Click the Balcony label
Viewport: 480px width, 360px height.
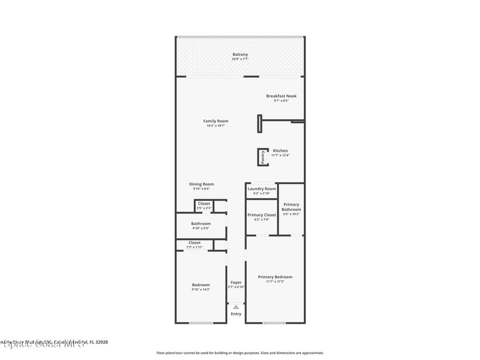[240, 54]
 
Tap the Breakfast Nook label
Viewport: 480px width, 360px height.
[281, 96]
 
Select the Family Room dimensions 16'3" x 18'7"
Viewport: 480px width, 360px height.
[216, 126]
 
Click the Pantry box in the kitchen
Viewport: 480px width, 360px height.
[263, 157]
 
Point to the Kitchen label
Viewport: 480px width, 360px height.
[280, 150]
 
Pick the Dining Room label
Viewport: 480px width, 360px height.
[201, 184]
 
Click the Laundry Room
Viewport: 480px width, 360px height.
[262, 190]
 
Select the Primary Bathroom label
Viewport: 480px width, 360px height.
[291, 207]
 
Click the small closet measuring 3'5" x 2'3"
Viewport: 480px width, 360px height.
[204, 206]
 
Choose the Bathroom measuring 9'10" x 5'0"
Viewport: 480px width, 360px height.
[201, 225]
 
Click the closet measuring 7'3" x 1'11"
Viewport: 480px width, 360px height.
[195, 244]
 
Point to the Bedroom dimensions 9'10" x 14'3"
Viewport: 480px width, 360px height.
[201, 290]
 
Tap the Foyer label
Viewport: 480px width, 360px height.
[236, 283]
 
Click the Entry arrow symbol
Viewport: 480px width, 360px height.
[236, 306]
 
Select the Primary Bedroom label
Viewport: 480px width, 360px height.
[275, 277]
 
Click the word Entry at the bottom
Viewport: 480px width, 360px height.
[236, 314]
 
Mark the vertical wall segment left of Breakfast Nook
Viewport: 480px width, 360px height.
[259, 124]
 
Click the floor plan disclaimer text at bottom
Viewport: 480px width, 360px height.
[240, 353]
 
